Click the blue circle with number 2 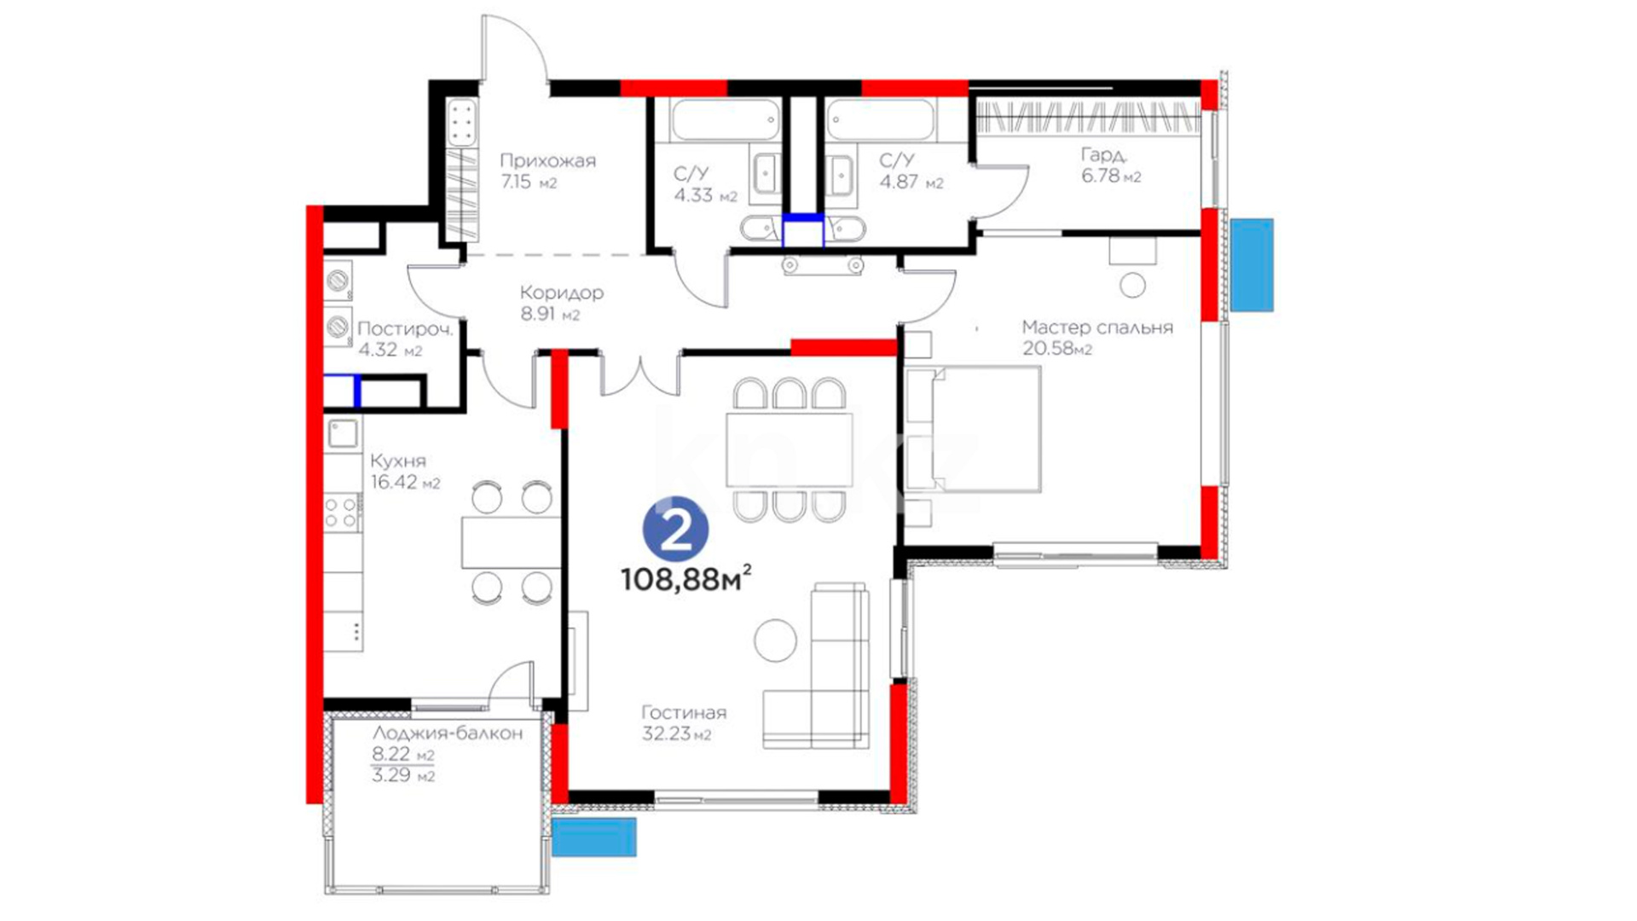pos(675,530)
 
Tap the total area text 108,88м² pos(686,579)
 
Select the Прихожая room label pos(547,160)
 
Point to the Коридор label pos(562,293)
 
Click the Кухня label pos(398,460)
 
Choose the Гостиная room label pos(684,713)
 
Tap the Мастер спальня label pos(1097,327)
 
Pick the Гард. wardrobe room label pos(1104,155)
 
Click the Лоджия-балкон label pos(448,733)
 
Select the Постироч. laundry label pos(405,329)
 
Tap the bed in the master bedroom pos(973,429)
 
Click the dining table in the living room pos(790,449)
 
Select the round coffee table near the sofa pos(775,640)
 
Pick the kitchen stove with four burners pos(343,513)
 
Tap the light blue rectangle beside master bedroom pos(1252,264)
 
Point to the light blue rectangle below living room pos(594,837)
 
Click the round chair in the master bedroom pos(1132,285)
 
